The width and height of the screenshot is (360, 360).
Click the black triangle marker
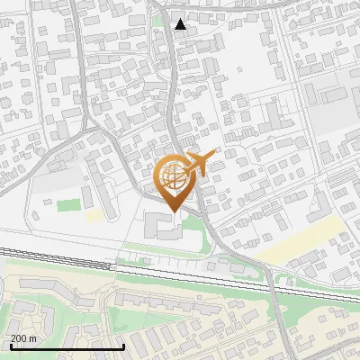tap(181, 24)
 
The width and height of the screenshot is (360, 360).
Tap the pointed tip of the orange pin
tap(172, 210)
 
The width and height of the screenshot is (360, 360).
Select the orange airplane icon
tap(199, 164)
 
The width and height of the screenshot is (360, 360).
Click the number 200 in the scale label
tap(17, 338)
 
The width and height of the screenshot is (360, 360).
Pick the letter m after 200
tap(32, 338)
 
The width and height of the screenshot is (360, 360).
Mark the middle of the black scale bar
tap(67, 346)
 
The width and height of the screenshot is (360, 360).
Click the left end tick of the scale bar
tap(11, 346)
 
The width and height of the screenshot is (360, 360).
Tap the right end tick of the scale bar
tap(123, 346)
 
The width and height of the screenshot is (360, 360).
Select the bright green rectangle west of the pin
tap(69, 205)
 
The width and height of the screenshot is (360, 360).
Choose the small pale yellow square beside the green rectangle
tap(94, 216)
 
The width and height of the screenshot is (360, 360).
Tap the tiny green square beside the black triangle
tap(158, 20)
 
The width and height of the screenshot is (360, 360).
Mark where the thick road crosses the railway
tap(270, 279)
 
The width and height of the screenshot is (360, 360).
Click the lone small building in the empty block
tap(49, 203)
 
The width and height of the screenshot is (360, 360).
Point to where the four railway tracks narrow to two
tap(112, 265)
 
